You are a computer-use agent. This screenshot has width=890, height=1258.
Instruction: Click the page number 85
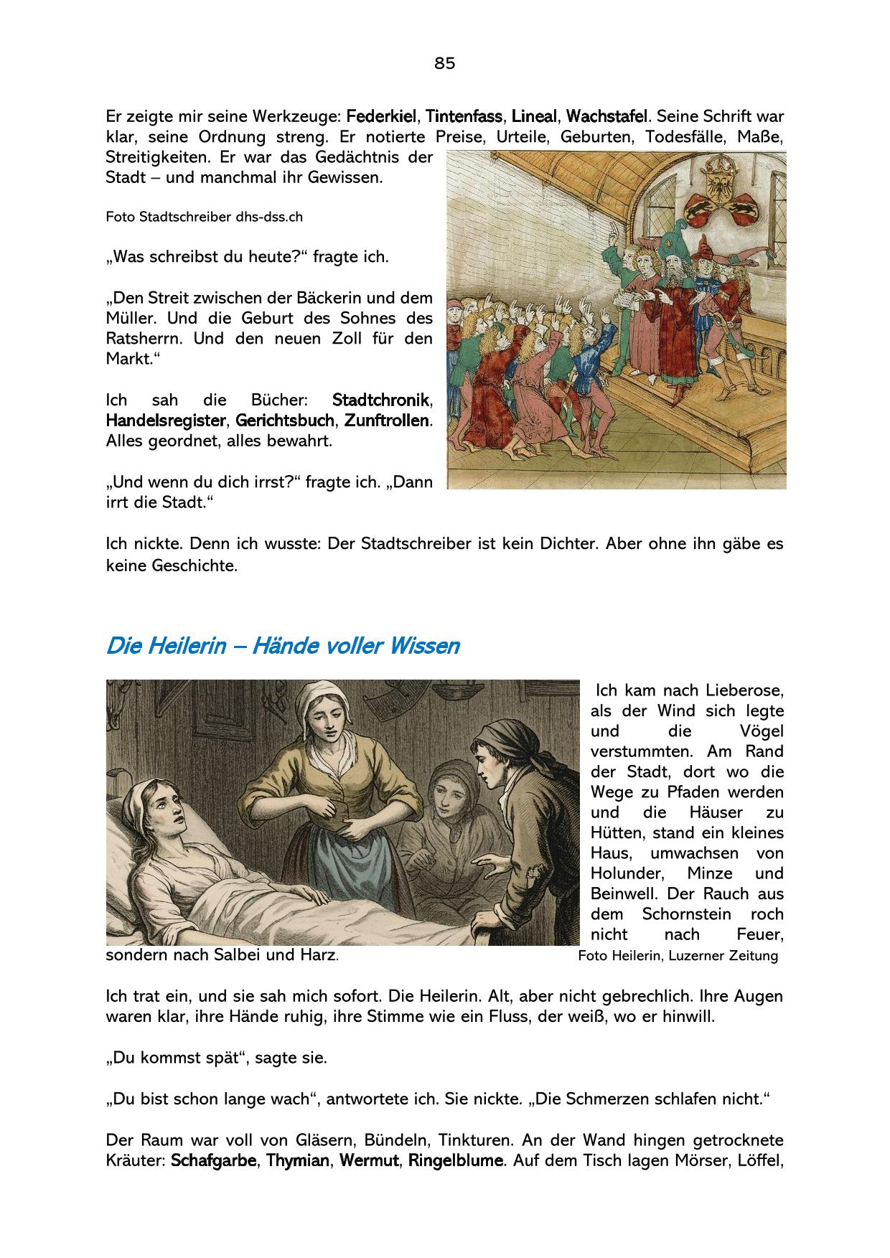coord(444,63)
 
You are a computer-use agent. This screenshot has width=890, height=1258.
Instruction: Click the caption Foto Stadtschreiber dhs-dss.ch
coord(204,217)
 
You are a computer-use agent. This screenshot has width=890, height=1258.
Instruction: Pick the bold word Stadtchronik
coord(381,400)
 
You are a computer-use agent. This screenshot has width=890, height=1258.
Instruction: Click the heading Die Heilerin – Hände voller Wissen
coord(282,646)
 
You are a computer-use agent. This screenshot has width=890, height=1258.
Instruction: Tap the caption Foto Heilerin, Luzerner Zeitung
coord(678,956)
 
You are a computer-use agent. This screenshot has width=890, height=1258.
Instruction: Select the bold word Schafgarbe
coord(214,1160)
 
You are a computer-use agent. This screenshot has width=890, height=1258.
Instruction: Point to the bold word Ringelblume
coord(456,1160)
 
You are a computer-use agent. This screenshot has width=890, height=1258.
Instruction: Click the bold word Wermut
coord(369,1160)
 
